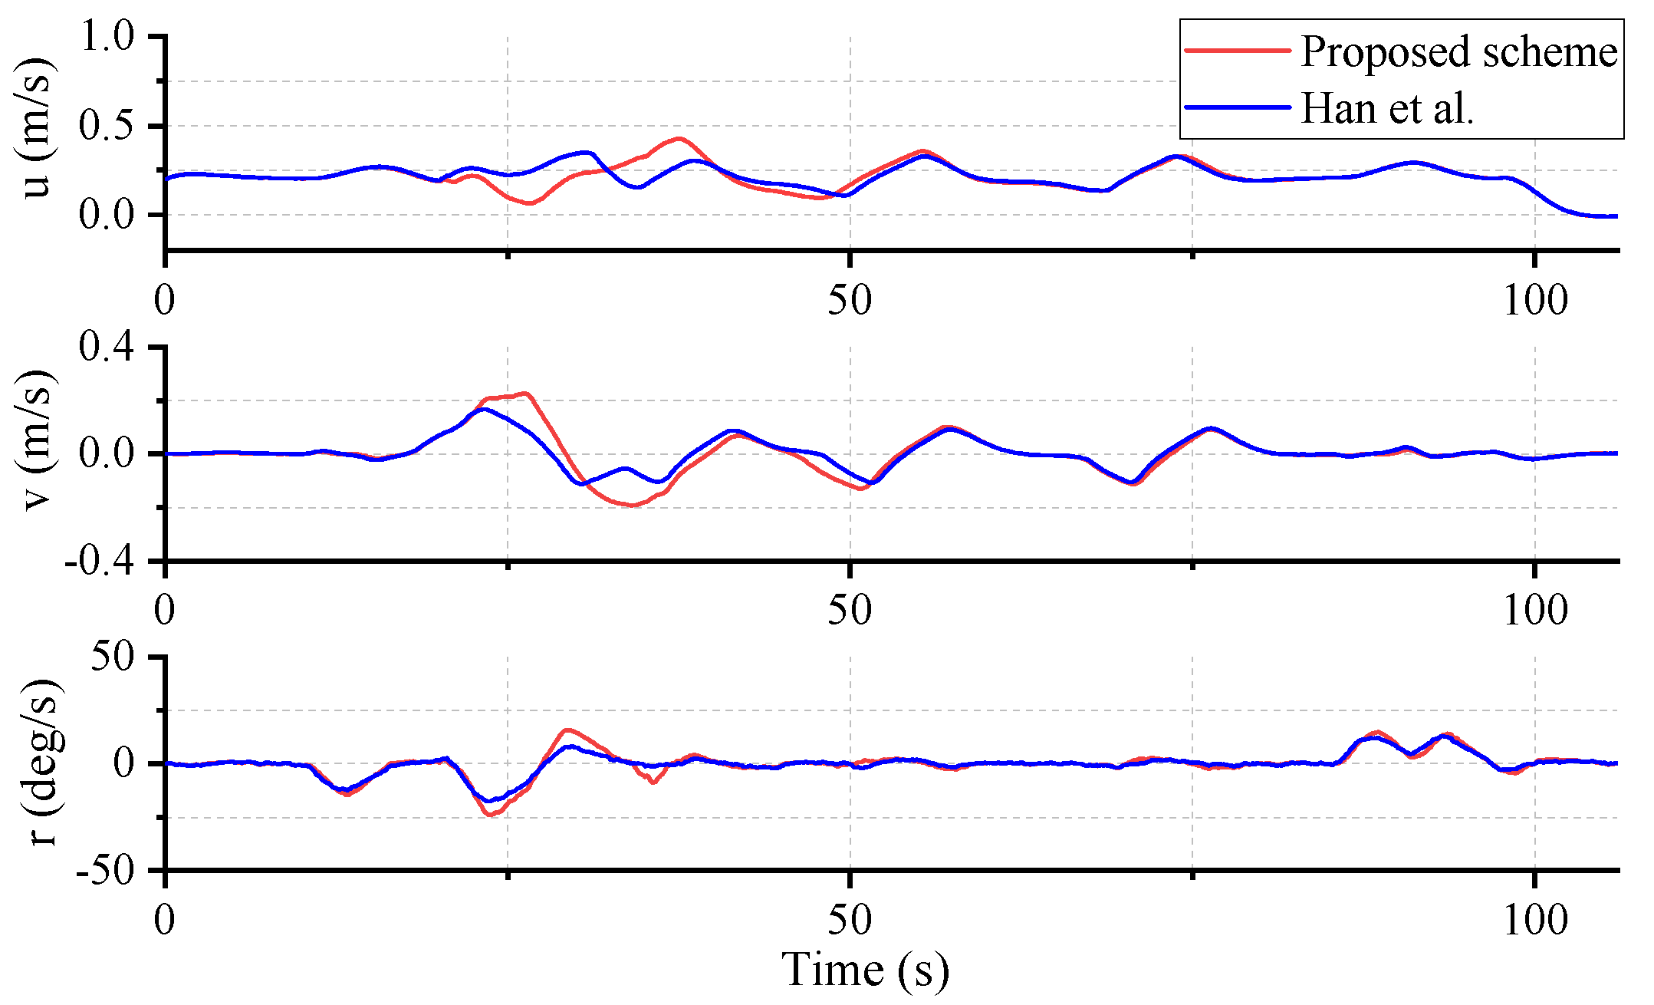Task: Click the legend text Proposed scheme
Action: [1458, 52]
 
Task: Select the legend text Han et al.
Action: [1387, 108]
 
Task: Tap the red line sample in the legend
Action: [1238, 51]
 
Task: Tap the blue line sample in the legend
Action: [1238, 107]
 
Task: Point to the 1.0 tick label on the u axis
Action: [107, 37]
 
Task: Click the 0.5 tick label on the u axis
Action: [107, 126]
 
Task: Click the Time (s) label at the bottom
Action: [865, 970]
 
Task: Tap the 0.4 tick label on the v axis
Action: [107, 348]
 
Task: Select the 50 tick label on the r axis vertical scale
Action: [113, 657]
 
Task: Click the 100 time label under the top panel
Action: [1534, 301]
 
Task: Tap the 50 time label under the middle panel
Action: [850, 611]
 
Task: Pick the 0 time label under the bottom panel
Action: [165, 920]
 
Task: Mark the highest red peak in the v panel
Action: [525, 394]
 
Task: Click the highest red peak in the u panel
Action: [679, 139]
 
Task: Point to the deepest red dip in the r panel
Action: [492, 815]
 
